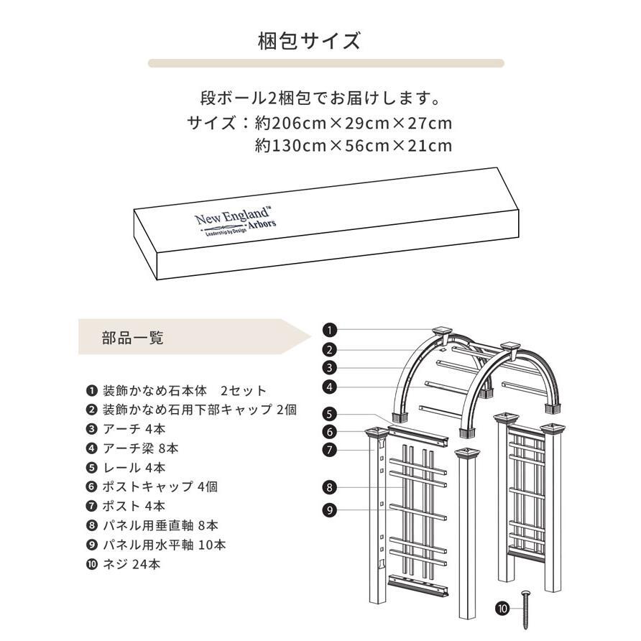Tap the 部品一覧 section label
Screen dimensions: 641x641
(x=133, y=338)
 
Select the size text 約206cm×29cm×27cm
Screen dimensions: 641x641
(x=354, y=123)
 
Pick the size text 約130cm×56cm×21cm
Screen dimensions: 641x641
(x=354, y=147)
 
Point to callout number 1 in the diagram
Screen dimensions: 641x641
(x=329, y=331)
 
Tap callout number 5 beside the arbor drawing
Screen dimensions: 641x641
(x=329, y=414)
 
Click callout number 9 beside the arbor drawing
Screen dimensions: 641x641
(x=329, y=510)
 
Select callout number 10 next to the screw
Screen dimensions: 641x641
(x=502, y=608)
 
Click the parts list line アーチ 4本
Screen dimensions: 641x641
(x=133, y=430)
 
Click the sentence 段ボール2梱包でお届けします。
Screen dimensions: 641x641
(x=320, y=97)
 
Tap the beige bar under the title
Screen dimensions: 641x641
(x=326, y=63)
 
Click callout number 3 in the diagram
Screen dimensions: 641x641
(x=329, y=368)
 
